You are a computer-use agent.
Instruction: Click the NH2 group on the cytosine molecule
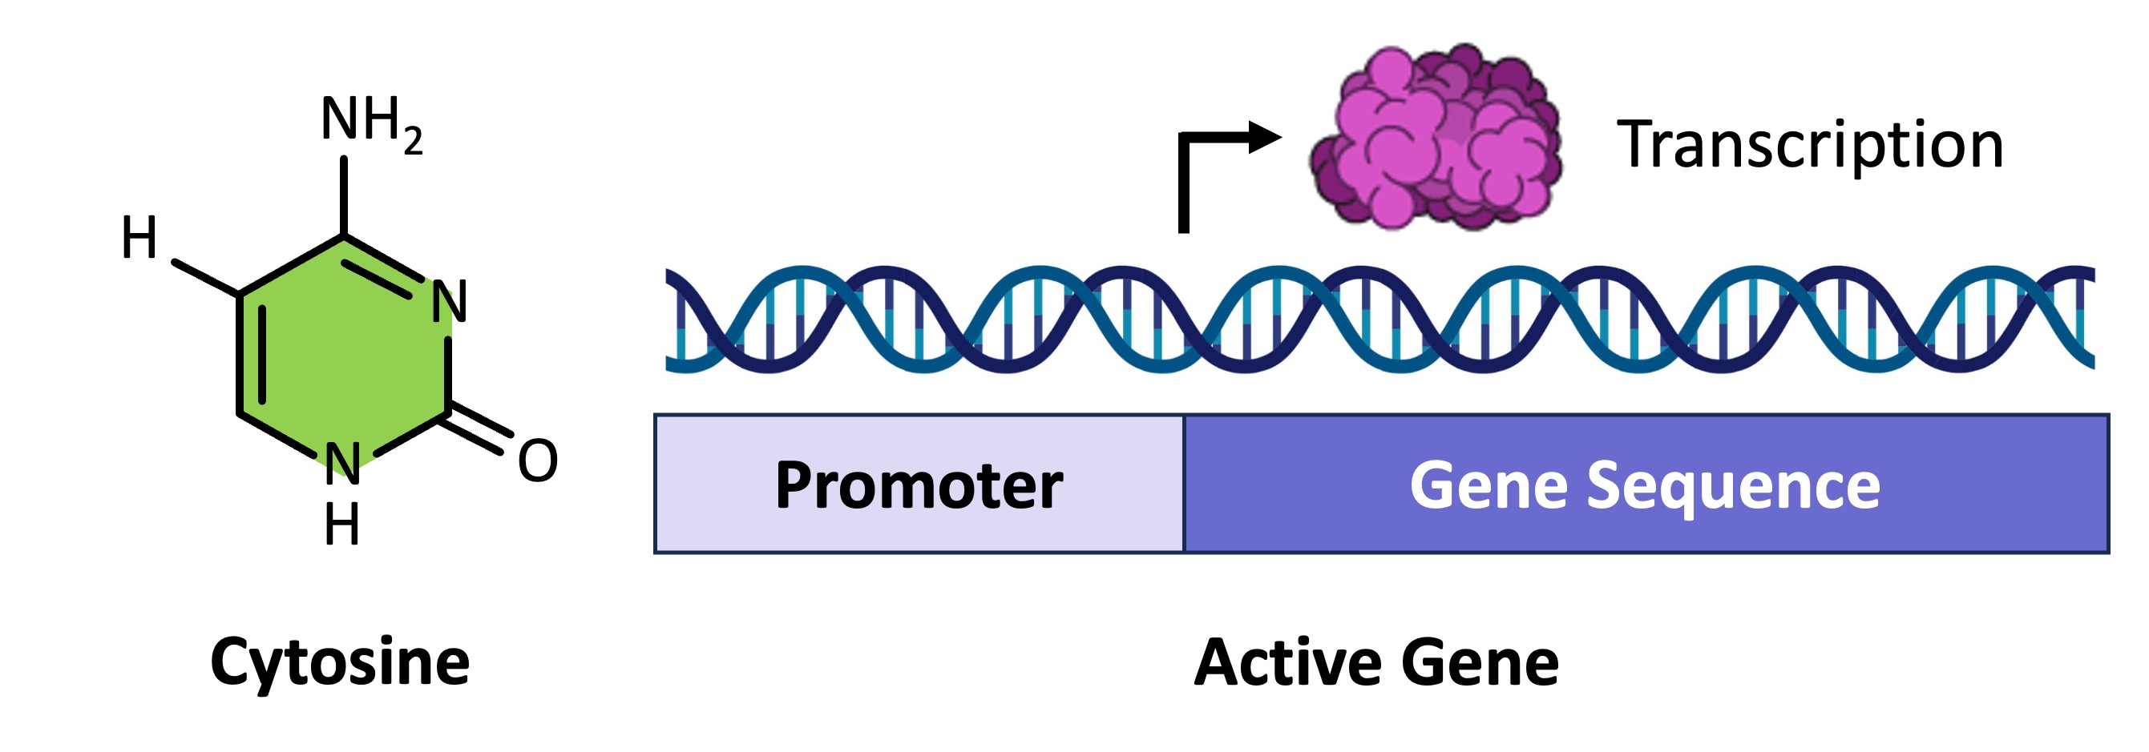coord(370,122)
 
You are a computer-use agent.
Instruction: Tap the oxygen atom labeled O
coord(537,460)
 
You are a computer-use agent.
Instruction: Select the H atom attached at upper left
coord(139,238)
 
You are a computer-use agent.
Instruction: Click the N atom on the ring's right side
coord(449,302)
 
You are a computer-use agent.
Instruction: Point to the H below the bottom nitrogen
coord(342,525)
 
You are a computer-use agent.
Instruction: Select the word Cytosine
coord(340,663)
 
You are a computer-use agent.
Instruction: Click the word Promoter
coord(919,485)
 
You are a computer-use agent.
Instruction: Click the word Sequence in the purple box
coord(1733,485)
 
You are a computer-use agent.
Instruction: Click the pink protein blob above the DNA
coord(1435,138)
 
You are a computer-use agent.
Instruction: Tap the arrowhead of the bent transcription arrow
coord(1265,138)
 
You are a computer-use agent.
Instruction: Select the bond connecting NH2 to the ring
coord(344,196)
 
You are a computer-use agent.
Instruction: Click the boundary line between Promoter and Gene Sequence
coord(1184,484)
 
